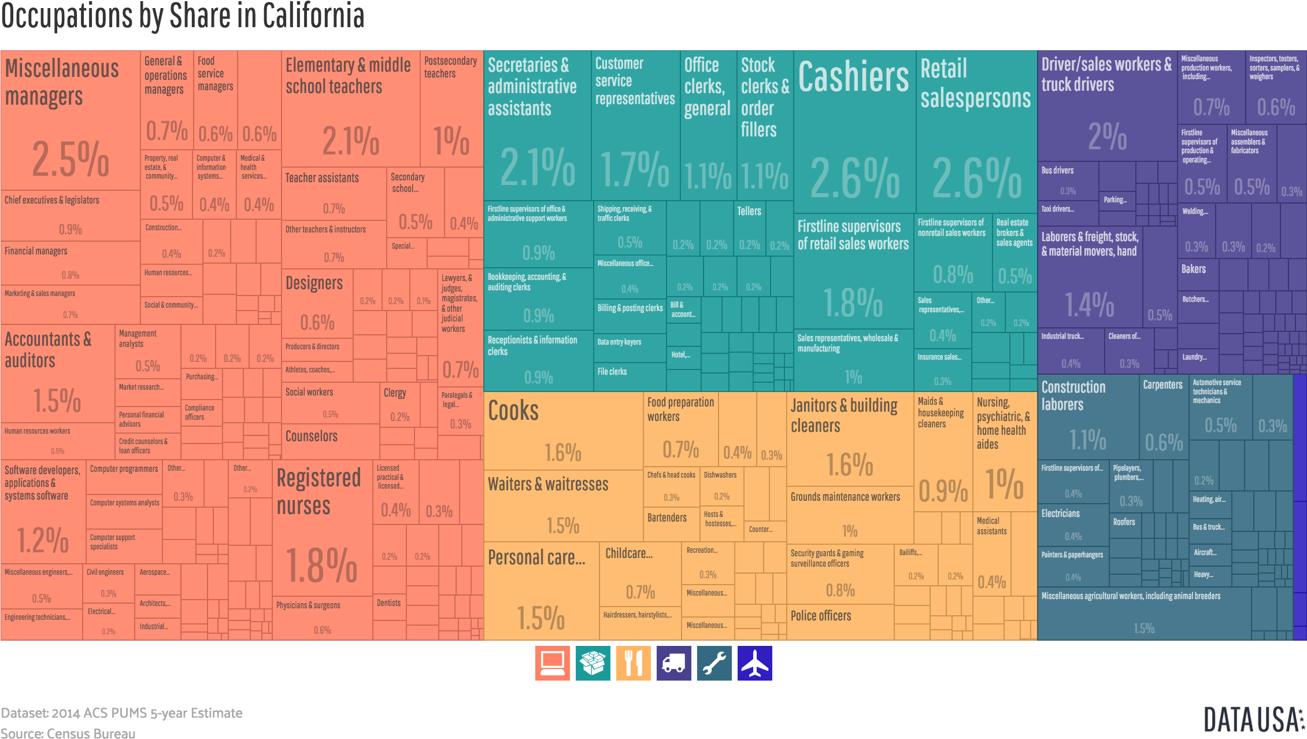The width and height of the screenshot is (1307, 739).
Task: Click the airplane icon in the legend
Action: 754,663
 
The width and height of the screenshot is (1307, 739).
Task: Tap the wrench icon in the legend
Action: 714,663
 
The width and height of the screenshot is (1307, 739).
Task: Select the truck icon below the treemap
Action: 673,663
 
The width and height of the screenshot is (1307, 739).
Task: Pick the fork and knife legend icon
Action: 633,663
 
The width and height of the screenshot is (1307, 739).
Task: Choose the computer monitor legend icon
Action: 552,663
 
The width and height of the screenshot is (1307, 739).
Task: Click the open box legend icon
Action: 593,663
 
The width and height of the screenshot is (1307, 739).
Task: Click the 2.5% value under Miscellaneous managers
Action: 71,160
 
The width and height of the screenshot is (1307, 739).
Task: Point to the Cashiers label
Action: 853,77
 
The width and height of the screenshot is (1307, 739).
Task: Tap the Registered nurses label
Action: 319,492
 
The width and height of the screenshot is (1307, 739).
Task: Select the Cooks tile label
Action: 513,411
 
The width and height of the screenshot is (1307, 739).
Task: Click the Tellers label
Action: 749,212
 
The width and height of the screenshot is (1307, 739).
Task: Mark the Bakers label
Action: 1194,269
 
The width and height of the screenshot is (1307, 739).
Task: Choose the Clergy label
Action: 395,393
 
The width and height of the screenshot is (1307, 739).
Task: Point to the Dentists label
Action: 388,603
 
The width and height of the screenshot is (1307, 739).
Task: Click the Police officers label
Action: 821,616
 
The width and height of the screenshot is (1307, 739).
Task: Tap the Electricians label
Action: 1060,513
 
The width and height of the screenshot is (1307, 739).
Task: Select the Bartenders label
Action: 667,518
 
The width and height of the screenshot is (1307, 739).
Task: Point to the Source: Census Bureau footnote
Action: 68,733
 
